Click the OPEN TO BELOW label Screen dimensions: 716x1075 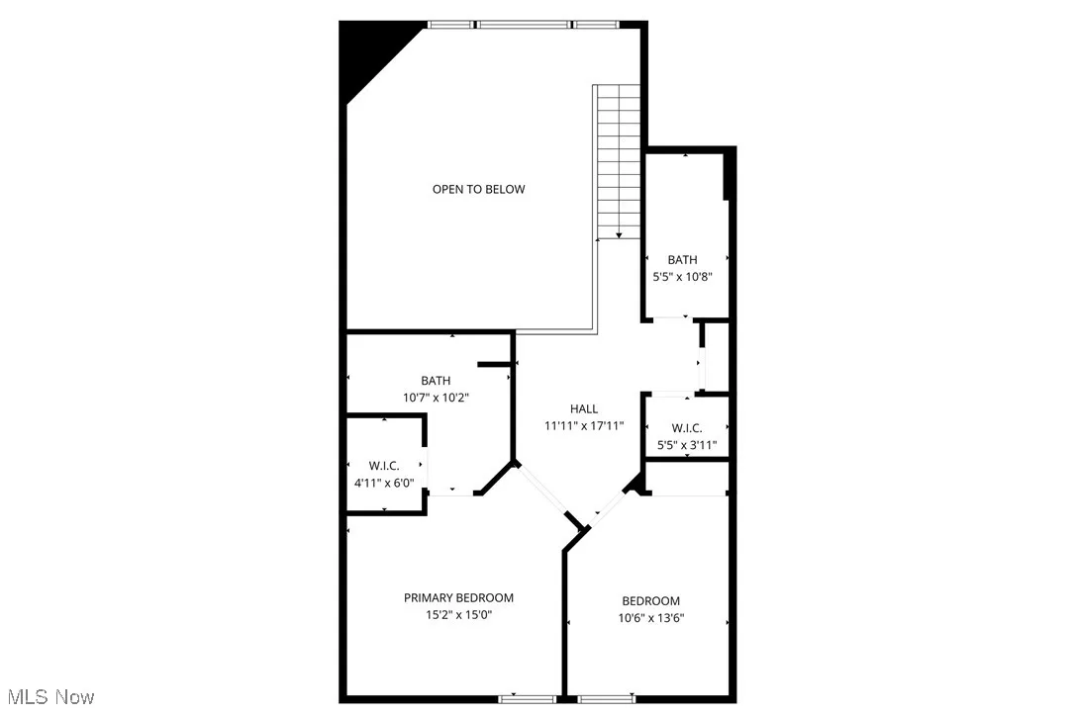(478, 189)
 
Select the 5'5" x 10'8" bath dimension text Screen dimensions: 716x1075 (682, 278)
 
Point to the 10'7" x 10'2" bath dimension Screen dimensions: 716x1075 (436, 398)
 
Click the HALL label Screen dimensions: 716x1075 (584, 408)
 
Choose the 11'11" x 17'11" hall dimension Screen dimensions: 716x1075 (584, 426)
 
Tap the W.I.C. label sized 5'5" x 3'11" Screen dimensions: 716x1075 (686, 428)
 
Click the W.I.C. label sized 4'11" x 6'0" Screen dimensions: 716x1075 (384, 466)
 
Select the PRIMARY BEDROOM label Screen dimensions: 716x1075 (458, 597)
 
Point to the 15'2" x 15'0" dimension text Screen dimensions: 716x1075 (458, 615)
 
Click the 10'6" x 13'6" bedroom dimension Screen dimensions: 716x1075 (652, 618)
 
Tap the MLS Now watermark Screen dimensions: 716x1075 (48, 697)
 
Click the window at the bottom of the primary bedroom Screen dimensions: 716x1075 (527, 699)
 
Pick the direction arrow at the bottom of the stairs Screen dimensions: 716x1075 (619, 234)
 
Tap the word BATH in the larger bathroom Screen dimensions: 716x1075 (436, 381)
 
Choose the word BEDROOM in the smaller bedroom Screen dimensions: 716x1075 (650, 601)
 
